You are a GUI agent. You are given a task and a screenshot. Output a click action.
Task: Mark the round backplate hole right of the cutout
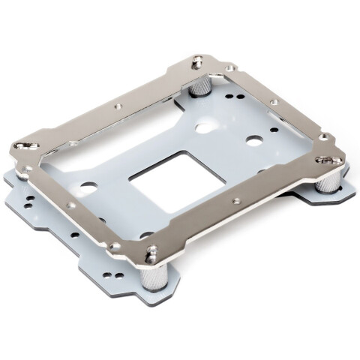(255, 140)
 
